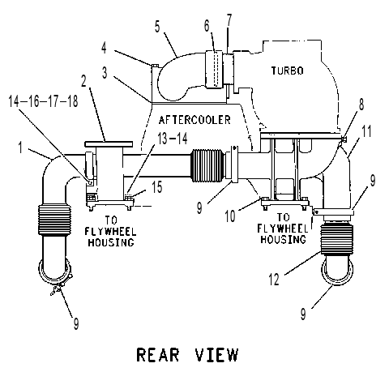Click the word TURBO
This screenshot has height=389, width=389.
(288, 71)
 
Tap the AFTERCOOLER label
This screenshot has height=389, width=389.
(194, 120)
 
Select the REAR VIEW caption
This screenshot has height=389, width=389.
(188, 355)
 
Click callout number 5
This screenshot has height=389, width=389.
(157, 27)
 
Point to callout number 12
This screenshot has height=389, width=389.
(274, 280)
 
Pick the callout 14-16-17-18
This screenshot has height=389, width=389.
(43, 101)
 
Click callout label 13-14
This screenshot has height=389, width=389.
(173, 139)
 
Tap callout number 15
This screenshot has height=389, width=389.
(157, 186)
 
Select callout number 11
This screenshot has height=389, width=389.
(366, 131)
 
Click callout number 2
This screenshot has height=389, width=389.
(84, 81)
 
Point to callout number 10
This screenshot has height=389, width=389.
(230, 216)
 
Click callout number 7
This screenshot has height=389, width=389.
(229, 20)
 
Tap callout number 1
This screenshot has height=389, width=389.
(20, 147)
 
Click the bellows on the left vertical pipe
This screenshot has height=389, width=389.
(55, 220)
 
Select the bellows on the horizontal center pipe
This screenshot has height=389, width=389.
(207, 165)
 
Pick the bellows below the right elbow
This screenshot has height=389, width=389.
(336, 240)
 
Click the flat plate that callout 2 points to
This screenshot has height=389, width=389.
(109, 143)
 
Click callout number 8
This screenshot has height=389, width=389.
(361, 105)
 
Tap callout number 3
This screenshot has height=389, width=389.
(105, 72)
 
